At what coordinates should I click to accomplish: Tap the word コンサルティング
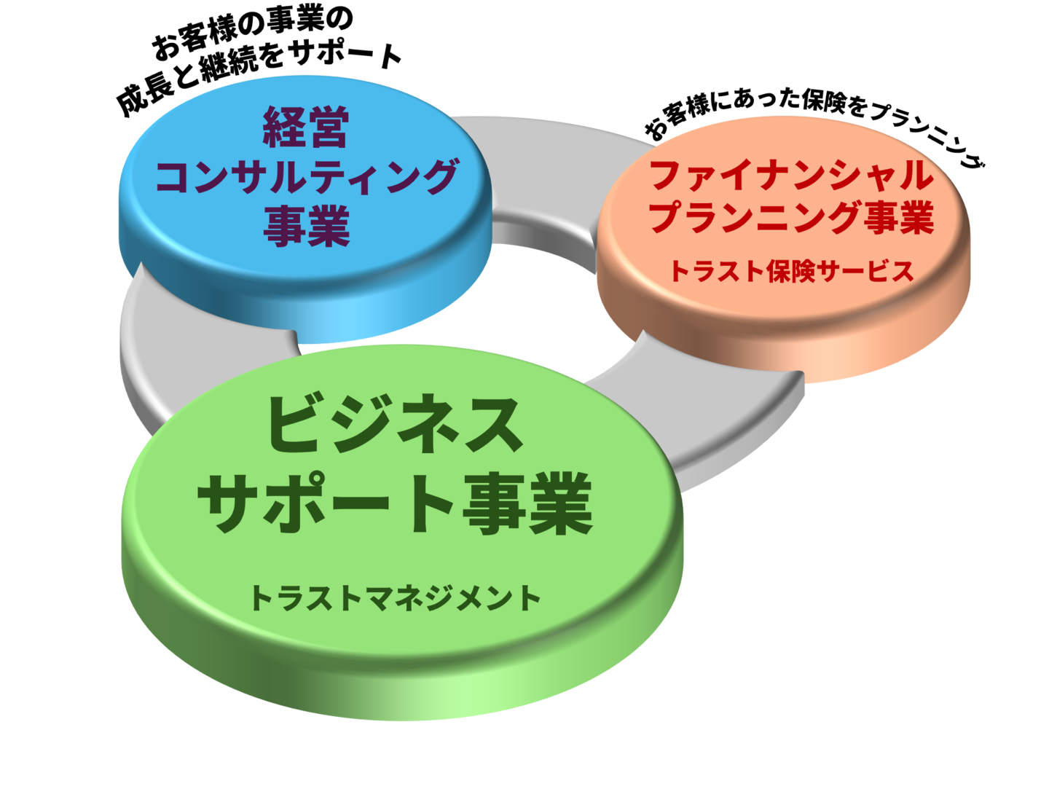tap(307, 177)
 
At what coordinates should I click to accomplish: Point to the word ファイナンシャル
tap(790, 176)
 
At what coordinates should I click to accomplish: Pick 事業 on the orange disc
tap(900, 218)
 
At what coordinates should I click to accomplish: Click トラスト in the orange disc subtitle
tap(717, 271)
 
